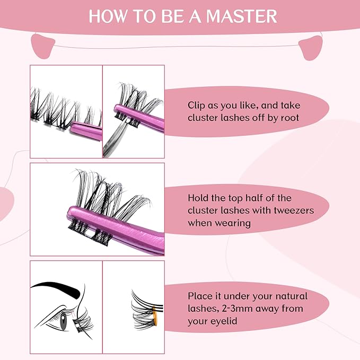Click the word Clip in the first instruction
[x=197, y=106]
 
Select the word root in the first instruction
[x=288, y=118]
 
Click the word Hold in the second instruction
[x=199, y=198]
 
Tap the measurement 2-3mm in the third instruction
[x=230, y=309]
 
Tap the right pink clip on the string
[x=312, y=48]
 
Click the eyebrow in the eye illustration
[x=58, y=289]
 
